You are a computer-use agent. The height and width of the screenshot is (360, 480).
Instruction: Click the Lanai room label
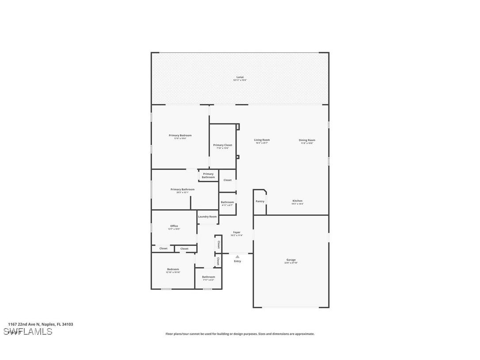click(240, 78)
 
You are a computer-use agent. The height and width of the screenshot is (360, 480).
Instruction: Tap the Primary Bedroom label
click(180, 136)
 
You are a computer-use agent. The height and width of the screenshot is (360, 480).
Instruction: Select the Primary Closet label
click(222, 146)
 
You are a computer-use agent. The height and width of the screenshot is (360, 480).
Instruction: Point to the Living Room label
click(262, 141)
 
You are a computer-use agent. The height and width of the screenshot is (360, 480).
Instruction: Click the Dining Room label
click(307, 141)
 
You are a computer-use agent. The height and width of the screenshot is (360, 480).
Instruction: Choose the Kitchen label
click(297, 202)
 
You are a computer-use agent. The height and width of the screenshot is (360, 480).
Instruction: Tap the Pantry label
click(260, 201)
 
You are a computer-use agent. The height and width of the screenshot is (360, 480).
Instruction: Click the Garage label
click(291, 261)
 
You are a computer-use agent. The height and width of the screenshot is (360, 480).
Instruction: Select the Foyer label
click(236, 233)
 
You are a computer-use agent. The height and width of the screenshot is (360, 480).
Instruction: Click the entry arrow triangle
click(237, 257)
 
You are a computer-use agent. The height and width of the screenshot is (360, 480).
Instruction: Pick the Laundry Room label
click(207, 217)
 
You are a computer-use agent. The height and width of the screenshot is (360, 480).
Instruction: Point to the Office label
click(174, 227)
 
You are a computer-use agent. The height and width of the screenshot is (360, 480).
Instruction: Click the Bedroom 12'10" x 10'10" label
click(173, 270)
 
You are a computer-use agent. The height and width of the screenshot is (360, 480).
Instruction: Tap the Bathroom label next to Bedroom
click(208, 278)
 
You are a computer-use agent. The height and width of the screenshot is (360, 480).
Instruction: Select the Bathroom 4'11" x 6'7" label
click(227, 203)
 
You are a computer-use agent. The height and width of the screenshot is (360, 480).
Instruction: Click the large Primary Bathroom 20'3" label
click(182, 190)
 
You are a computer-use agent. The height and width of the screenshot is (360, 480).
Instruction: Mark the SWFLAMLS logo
click(27, 332)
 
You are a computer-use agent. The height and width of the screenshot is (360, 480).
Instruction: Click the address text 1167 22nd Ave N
click(40, 324)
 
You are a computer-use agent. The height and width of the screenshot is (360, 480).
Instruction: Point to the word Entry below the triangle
click(237, 261)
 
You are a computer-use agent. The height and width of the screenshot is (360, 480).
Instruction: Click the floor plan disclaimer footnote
click(240, 334)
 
